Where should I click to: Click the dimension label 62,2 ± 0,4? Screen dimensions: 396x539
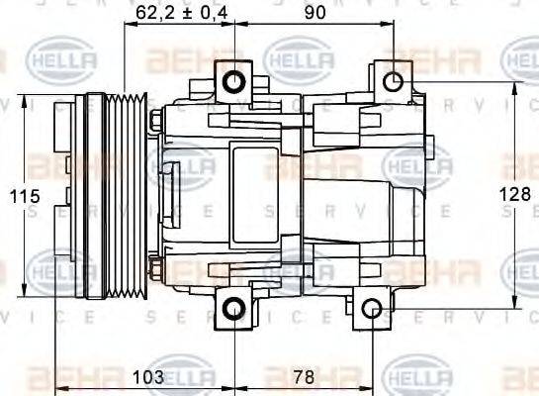click(x=181, y=13)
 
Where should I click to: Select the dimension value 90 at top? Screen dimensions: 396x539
click(x=315, y=13)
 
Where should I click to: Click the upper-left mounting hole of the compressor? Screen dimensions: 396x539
click(x=234, y=80)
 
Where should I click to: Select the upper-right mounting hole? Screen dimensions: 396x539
click(x=393, y=80)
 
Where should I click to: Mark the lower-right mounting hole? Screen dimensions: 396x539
click(x=371, y=309)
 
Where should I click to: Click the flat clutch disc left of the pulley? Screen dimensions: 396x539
click(x=69, y=196)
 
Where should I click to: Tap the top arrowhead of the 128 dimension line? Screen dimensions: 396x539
click(x=514, y=87)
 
